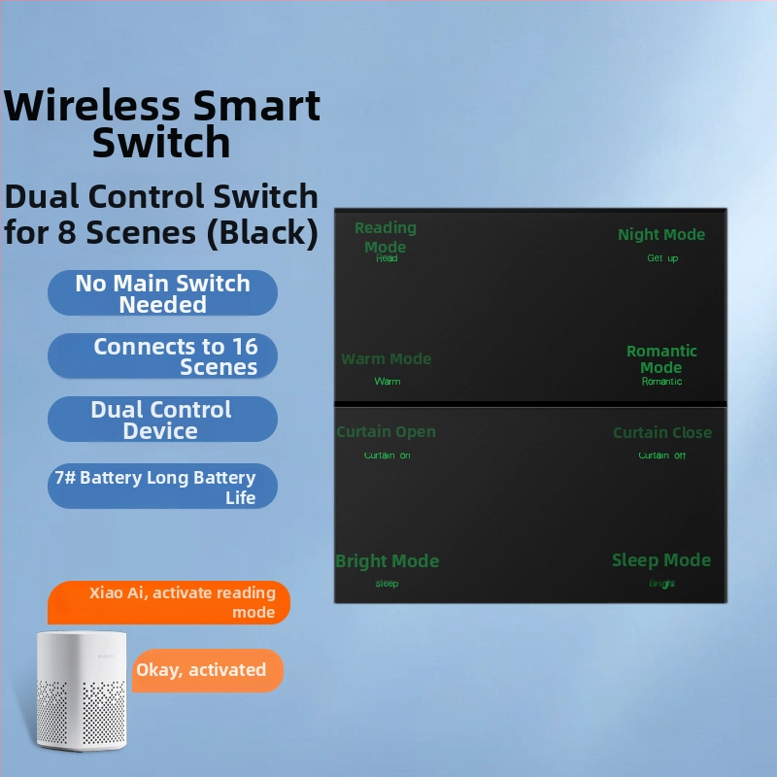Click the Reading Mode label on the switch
[x=386, y=237]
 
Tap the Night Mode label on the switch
[x=661, y=235]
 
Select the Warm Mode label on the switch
[x=386, y=359]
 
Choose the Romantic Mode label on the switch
[x=661, y=358]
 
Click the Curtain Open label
[x=386, y=432]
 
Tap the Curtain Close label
[x=661, y=433]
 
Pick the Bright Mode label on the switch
[x=387, y=561]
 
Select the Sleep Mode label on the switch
[x=661, y=560]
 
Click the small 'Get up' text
[x=662, y=258]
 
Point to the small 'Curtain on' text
[x=387, y=456]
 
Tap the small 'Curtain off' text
[x=662, y=456]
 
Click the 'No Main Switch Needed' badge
[x=162, y=293]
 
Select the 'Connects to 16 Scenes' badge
[x=162, y=356]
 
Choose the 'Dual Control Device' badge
[x=162, y=420]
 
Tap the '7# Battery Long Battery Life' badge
[x=162, y=487]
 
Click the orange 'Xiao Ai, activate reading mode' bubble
[x=169, y=602]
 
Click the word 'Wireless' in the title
[x=91, y=105]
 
